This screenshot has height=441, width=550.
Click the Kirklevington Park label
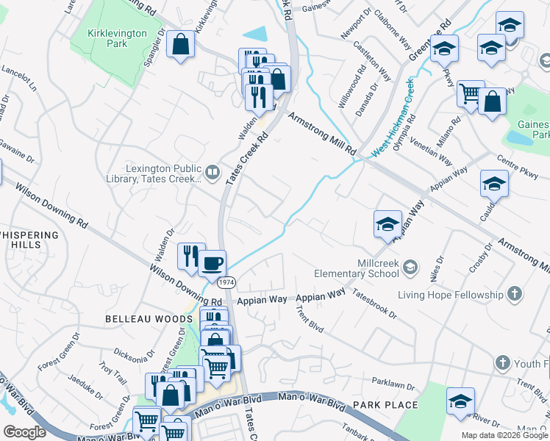[x=117, y=38]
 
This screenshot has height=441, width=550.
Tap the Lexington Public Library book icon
[x=213, y=172]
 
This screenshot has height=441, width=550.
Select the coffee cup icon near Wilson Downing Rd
[x=213, y=262]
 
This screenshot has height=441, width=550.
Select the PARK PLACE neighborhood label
[x=385, y=405]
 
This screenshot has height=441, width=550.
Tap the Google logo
[x=24, y=432]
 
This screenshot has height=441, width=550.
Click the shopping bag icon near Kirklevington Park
[x=179, y=46]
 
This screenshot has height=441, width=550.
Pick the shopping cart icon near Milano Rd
[x=470, y=93]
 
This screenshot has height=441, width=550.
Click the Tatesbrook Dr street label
[x=374, y=304]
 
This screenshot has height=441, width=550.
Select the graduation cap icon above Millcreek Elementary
[x=387, y=225]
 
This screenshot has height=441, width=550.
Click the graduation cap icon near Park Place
[x=460, y=401]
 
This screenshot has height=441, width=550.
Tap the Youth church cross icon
[x=503, y=363]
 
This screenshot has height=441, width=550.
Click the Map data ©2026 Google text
[x=504, y=435]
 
